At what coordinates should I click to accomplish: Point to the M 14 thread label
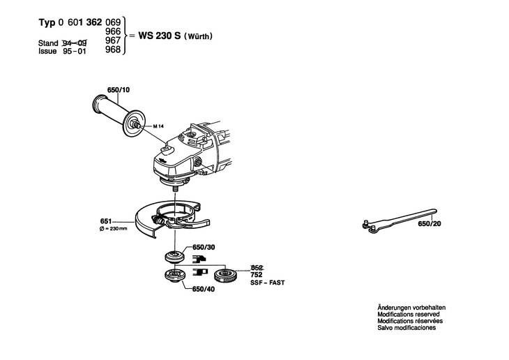click(157, 126)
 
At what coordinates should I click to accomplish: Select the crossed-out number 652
click(256, 268)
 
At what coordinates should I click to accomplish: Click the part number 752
click(256, 276)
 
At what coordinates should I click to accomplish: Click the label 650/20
click(429, 224)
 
